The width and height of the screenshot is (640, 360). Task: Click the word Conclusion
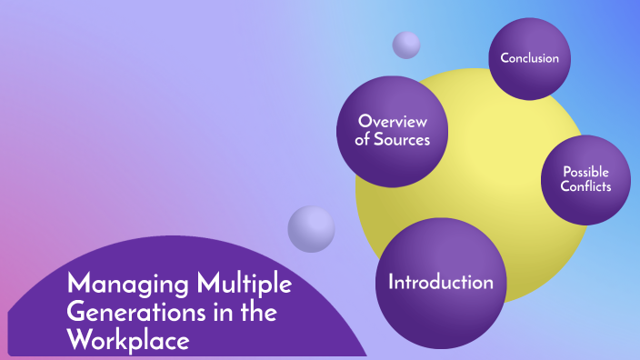(x=529, y=59)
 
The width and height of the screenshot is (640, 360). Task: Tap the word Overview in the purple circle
(x=393, y=122)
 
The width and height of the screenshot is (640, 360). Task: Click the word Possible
(x=585, y=172)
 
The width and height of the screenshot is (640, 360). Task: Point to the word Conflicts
(x=585, y=187)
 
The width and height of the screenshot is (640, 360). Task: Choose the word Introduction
(x=441, y=282)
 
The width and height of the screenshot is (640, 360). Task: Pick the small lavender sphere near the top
(x=406, y=45)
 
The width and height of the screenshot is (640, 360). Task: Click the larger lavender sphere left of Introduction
(x=311, y=228)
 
